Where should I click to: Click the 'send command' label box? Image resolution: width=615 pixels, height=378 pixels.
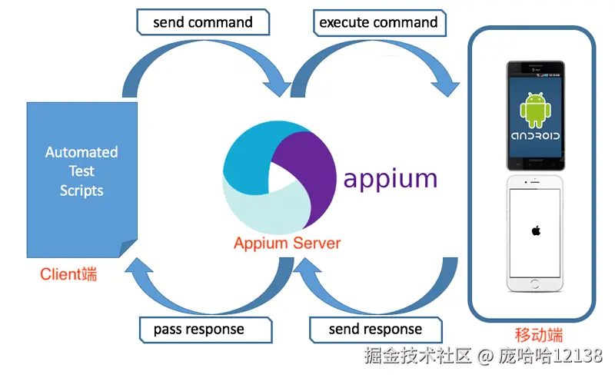203,22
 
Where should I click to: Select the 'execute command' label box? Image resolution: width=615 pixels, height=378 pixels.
379,23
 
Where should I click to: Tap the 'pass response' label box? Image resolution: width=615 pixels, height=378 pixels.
206,330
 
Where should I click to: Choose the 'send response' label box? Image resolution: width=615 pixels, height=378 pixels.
376,330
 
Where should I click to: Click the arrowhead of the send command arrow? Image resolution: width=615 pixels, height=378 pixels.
278,87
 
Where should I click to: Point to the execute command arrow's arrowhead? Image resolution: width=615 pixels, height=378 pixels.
446,87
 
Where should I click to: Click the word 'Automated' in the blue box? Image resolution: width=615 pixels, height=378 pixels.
81,152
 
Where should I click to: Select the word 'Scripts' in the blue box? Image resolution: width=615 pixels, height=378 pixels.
81,191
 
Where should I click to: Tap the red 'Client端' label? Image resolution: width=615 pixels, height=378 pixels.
68,274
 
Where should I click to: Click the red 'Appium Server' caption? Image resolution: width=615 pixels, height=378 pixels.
287,243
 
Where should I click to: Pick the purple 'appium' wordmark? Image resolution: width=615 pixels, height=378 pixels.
391,180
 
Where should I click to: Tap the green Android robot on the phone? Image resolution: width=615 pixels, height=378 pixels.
535,110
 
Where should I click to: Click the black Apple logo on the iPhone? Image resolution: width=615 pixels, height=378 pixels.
536,230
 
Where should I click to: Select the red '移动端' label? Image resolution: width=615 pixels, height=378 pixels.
539,335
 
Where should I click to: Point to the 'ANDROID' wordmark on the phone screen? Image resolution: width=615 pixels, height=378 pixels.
535,136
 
